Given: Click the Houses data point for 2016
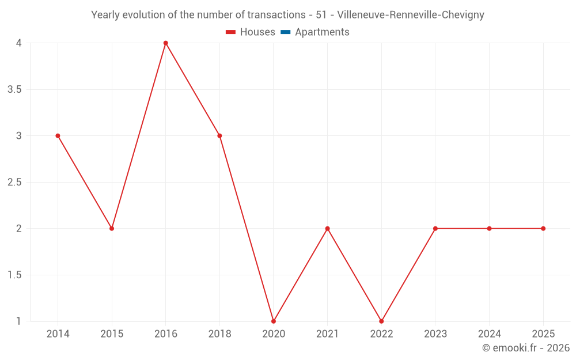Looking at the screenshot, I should coord(166,43).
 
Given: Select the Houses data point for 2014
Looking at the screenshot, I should coord(58,136).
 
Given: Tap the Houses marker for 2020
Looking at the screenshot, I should coord(274,321).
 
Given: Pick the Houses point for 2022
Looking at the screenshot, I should coord(381,321).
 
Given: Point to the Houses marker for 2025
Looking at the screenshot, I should coord(543,229).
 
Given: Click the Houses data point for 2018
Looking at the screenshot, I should coord(219,136).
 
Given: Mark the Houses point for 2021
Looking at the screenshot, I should coord(327,229).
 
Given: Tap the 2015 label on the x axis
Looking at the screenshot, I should coord(112,334).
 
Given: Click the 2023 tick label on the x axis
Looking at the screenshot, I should coord(435,334).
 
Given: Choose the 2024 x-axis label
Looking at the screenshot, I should coord(489,334).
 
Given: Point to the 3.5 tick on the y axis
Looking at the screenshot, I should coord(14,90).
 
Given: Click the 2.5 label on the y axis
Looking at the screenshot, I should coord(14,183).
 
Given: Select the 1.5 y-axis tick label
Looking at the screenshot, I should coord(14,275).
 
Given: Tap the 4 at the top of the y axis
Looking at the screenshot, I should coord(19,43).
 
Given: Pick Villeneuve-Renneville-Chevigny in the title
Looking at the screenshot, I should coord(411,15).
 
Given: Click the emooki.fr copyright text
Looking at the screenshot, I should coord(526,348).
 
